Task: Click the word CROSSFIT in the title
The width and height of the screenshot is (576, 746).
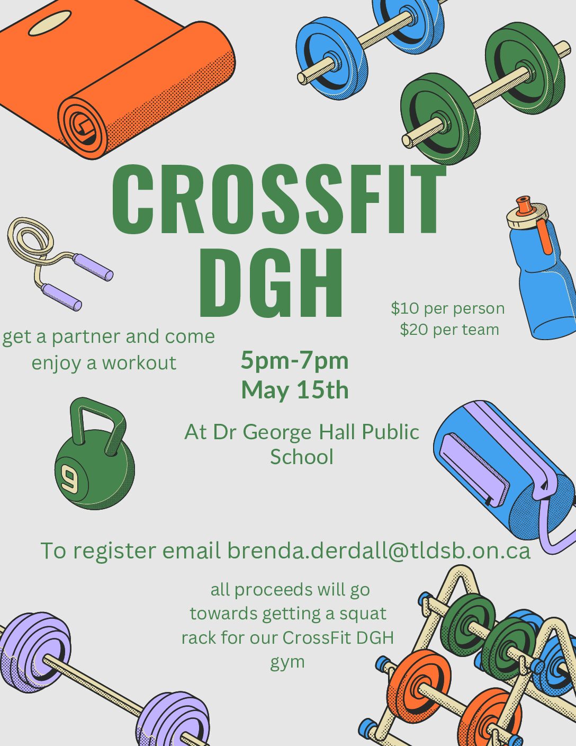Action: tap(279, 199)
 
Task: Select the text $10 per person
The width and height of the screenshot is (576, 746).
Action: tap(448, 309)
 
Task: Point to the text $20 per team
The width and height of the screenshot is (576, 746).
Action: tap(449, 330)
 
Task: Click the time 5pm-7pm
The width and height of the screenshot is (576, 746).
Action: tap(295, 361)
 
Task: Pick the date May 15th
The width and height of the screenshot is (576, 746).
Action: tap(295, 390)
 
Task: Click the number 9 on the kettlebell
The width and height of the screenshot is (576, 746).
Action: tap(70, 481)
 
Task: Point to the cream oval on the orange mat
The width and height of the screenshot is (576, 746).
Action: tap(50, 23)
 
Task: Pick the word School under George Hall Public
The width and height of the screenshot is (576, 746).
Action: tap(302, 457)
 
